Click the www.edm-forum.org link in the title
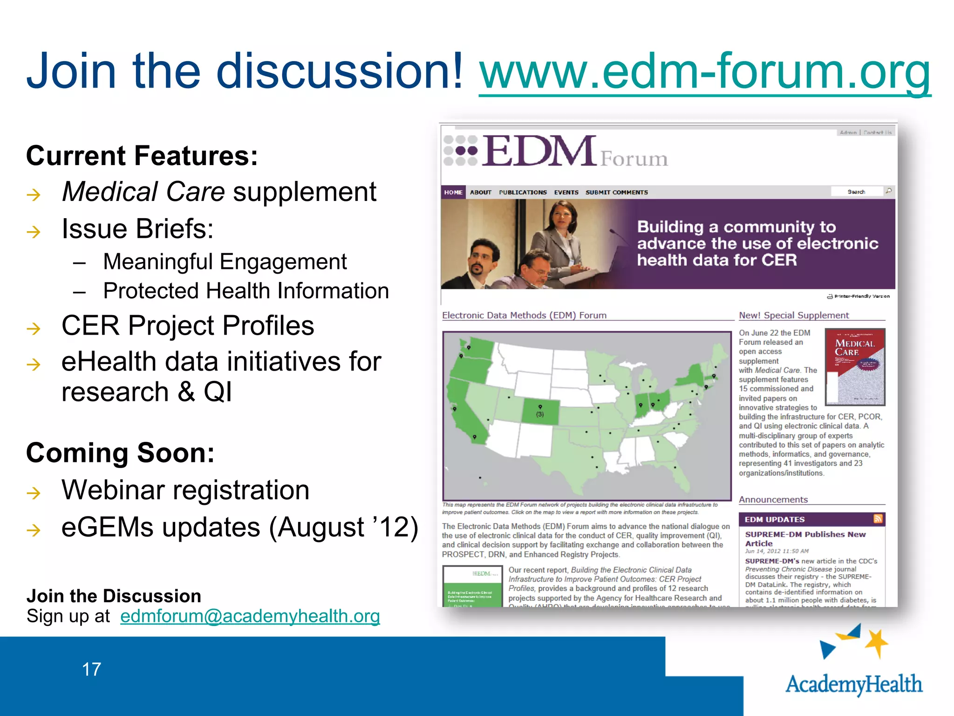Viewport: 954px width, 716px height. coord(704,72)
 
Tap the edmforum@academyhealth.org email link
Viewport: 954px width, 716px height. coord(250,616)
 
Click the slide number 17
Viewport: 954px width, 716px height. coord(91,669)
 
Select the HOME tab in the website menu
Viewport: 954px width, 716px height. coord(453,192)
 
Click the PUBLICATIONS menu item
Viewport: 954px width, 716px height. coord(523,192)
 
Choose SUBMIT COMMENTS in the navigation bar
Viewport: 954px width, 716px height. coord(616,192)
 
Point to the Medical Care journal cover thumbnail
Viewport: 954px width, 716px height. coord(854,367)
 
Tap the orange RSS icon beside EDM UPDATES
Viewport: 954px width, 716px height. coord(878,519)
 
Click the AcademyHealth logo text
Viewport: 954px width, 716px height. coord(853,684)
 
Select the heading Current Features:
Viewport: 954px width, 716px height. coord(142,156)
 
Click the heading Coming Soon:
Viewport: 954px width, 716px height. coord(120,453)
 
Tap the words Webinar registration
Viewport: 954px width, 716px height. coord(185,490)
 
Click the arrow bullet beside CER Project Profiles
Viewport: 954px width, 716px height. coord(34,329)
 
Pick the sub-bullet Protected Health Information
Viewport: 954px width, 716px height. coord(245,291)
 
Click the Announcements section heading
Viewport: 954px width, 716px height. coord(773,500)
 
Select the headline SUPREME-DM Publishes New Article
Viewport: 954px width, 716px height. coord(805,538)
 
